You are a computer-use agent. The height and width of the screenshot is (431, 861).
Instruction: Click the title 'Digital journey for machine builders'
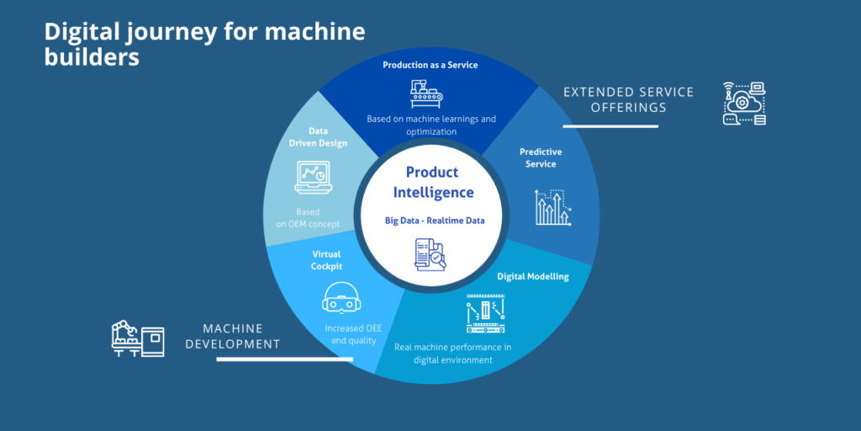coord(204,45)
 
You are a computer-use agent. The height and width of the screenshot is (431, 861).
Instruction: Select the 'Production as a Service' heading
coord(430,65)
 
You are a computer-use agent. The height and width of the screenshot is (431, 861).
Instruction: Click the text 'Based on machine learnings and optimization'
coord(431,125)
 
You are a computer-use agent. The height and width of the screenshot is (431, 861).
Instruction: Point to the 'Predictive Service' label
coord(541,158)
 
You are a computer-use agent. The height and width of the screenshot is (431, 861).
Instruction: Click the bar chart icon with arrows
coord(554,206)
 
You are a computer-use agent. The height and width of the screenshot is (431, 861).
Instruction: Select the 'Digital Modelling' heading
coord(532,276)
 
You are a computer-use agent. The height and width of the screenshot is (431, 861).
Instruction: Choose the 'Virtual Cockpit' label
coord(326,259)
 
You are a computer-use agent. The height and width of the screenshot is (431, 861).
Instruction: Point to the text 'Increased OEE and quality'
coord(353,335)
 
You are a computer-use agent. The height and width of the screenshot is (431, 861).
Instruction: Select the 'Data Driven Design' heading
coord(318,137)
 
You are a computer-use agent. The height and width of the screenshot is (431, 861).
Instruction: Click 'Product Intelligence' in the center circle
coord(432,182)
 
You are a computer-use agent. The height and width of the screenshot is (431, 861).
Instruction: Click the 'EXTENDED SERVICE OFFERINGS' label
coord(628,99)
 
